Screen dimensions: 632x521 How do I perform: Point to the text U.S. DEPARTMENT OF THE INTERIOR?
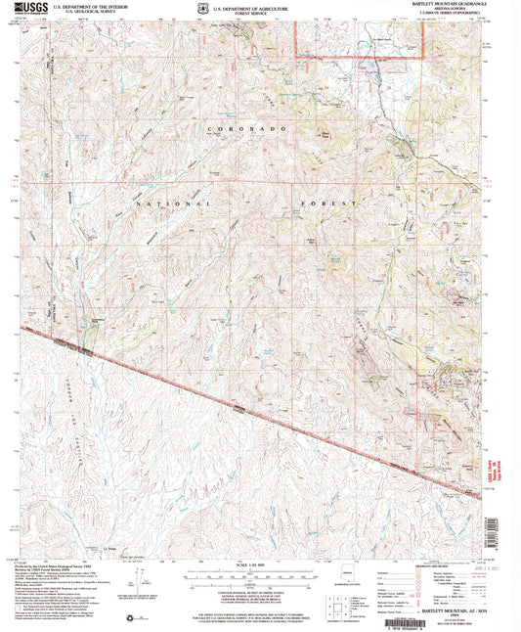(92, 5)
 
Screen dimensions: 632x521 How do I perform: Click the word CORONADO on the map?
(248, 129)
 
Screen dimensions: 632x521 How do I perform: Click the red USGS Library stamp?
(496, 454)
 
